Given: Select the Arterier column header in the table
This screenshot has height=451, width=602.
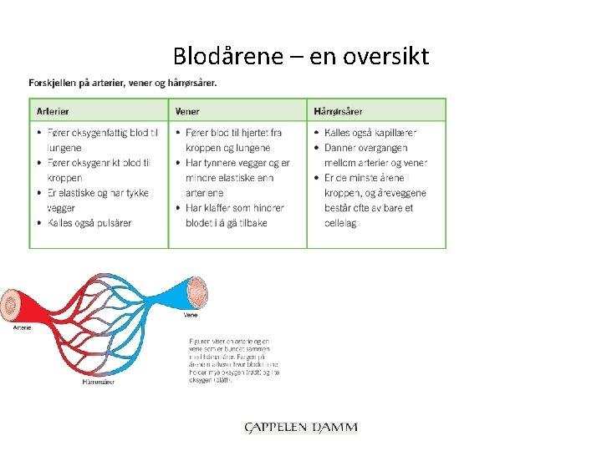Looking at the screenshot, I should [53, 111].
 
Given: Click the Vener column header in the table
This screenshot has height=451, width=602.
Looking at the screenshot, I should [187, 111].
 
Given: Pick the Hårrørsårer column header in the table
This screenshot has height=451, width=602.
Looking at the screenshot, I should [339, 111].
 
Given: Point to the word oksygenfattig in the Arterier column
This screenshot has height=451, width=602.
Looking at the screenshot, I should [97, 133].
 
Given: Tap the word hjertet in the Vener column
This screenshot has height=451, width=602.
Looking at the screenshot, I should [250, 133].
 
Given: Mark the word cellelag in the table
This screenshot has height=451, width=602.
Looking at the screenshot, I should [340, 223].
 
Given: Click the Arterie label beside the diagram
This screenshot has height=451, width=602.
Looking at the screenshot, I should [22, 328].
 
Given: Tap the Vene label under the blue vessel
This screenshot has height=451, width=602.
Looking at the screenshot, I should [191, 316].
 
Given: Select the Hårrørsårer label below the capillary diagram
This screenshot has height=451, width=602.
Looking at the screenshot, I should [99, 383].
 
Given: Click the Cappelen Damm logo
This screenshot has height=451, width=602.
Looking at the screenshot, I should [301, 428].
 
